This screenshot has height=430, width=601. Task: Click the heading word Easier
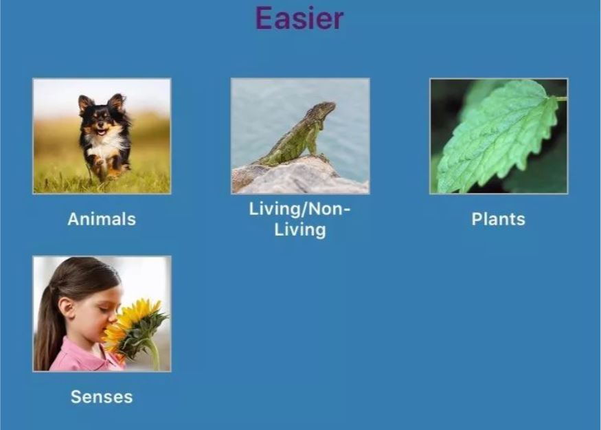coord(299,18)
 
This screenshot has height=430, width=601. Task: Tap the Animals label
coord(102,219)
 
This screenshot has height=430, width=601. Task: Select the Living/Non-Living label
coord(299,220)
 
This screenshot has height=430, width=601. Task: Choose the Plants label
coord(498,219)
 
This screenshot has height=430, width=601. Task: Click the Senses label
coord(102,397)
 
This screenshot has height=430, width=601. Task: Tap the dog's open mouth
coord(102,132)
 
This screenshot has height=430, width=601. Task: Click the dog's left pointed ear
coord(85,104)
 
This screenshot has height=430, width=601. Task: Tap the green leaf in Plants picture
coord(498,138)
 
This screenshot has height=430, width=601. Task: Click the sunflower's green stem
coord(153,353)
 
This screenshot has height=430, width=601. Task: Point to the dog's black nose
coord(100,124)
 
